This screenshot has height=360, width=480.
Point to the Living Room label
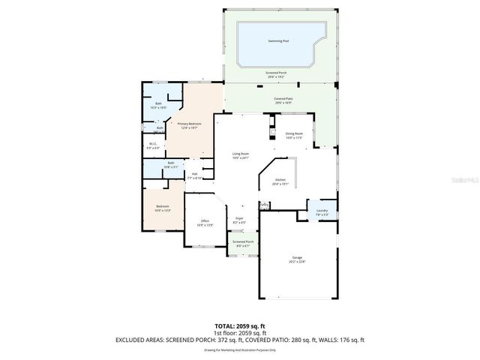click(x=240, y=154)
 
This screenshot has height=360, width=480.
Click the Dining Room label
click(x=293, y=134)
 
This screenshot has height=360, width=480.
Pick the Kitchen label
click(x=280, y=180)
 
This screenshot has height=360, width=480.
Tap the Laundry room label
click(x=322, y=211)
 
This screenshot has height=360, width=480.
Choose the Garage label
click(x=298, y=258)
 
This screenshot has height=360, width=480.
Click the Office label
click(x=205, y=221)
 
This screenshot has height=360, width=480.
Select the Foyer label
click(x=240, y=218)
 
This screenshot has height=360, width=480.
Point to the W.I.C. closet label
click(x=152, y=144)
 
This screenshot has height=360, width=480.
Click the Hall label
click(x=194, y=174)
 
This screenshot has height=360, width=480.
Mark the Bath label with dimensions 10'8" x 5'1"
click(x=171, y=163)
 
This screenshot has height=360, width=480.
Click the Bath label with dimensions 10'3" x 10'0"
click(x=158, y=103)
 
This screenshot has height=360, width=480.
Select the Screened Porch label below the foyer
click(x=243, y=241)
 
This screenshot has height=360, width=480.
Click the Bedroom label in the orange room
click(x=163, y=206)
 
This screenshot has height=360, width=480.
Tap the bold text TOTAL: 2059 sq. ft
click(x=239, y=326)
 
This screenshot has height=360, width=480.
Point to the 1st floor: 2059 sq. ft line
click(x=239, y=333)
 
